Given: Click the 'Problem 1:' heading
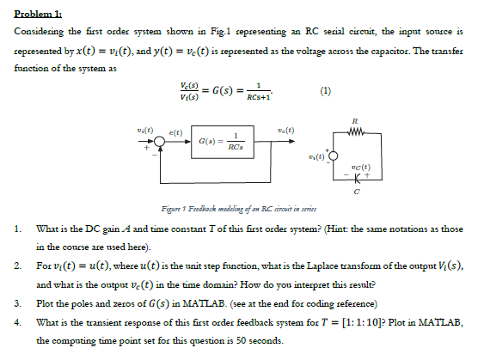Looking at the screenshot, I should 35,11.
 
